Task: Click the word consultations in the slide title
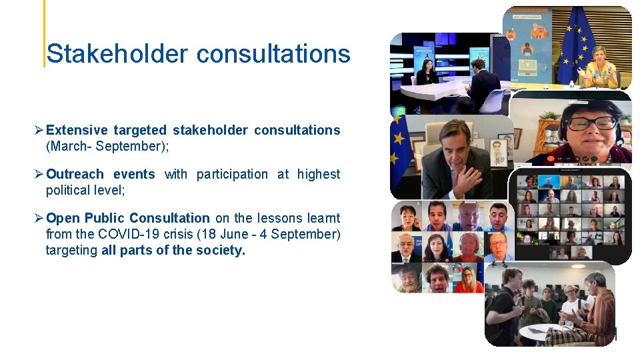(273, 53)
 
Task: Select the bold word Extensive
(77, 130)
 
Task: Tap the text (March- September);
(107, 146)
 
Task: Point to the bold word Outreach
(75, 174)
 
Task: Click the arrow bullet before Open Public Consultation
(39, 218)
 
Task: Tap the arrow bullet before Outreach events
(39, 174)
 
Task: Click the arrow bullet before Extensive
(39, 130)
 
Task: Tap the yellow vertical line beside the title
(45, 33)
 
